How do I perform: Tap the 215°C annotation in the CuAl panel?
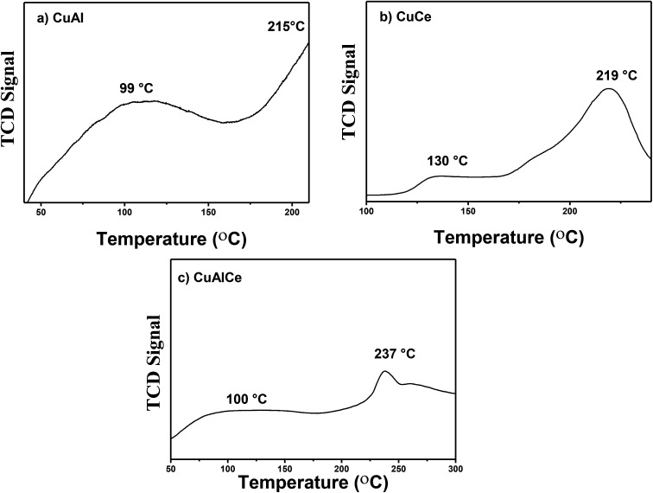[x=279, y=28]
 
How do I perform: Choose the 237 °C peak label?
[x=383, y=354]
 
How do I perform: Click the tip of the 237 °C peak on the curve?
[x=384, y=371]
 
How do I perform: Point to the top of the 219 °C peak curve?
[x=609, y=88]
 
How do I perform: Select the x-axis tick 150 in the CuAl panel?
[x=208, y=213]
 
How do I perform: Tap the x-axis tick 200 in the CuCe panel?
[x=570, y=213]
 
